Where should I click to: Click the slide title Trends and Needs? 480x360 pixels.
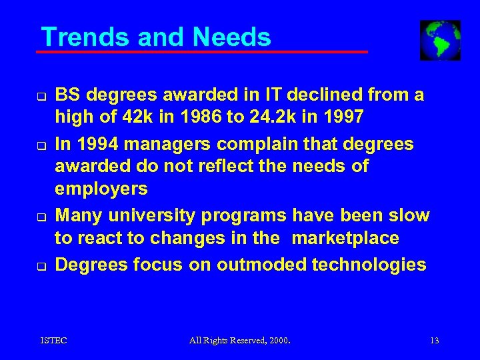156,37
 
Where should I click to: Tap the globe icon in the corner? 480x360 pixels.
440,40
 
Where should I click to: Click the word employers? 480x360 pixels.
101,189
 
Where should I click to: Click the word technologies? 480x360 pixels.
373,265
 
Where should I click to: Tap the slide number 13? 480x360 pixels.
434,341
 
